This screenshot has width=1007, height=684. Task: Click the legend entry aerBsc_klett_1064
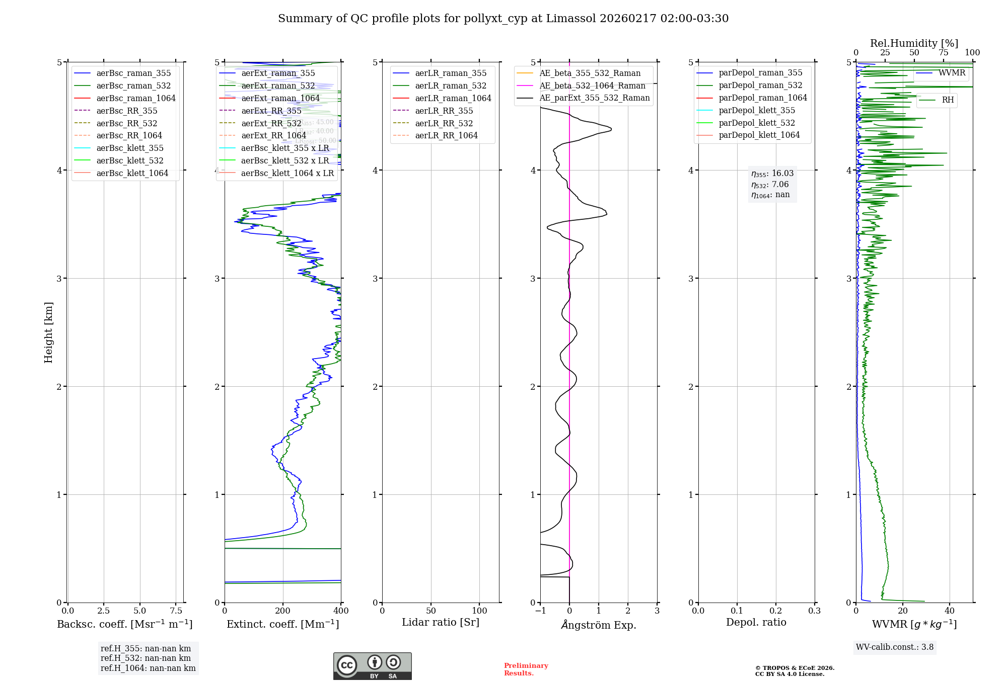tap(132, 173)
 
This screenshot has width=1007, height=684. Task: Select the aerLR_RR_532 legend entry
tap(444, 123)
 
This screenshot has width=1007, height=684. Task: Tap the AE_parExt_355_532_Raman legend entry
tap(594, 98)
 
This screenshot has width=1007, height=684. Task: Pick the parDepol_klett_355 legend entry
tap(756, 110)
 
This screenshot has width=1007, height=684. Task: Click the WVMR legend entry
tap(952, 73)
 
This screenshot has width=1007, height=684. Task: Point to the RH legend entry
tap(948, 100)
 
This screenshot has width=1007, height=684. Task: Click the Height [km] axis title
tap(48, 332)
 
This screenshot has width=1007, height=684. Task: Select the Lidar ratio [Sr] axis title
tap(441, 622)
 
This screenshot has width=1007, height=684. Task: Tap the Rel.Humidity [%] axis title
tap(914, 43)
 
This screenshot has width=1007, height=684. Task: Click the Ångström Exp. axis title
tap(599, 625)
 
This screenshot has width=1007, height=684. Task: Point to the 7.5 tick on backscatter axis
tap(176, 611)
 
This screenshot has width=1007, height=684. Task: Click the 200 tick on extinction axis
tap(283, 611)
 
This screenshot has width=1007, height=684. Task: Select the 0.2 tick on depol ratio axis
tap(776, 611)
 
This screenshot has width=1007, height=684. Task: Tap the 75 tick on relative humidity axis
tap(944, 53)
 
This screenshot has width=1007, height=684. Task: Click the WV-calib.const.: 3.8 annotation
tap(895, 647)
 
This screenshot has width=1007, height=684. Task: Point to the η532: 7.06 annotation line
tap(770, 185)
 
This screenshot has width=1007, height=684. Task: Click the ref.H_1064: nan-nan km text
tap(148, 668)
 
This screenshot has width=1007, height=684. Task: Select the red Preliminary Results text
tap(526, 669)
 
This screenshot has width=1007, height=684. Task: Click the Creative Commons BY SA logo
tap(372, 666)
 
